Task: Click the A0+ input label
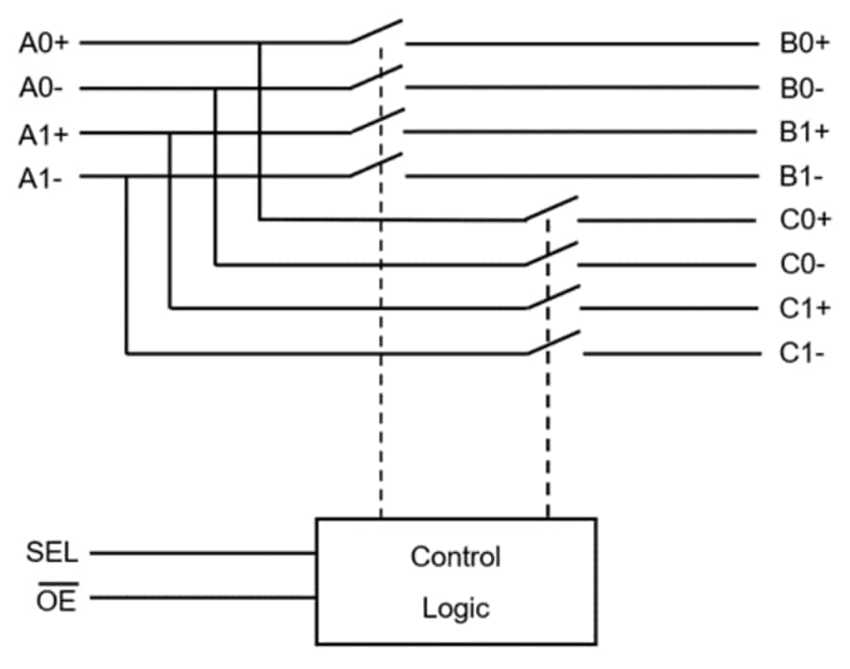pyautogui.click(x=42, y=43)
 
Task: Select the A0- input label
pyautogui.click(x=41, y=89)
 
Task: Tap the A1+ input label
pyautogui.click(x=42, y=133)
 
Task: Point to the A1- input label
pyautogui.click(x=41, y=178)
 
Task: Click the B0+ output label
pyautogui.click(x=804, y=43)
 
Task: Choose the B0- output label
pyautogui.click(x=802, y=89)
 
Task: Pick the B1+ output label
pyautogui.click(x=804, y=132)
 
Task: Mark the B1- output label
pyautogui.click(x=802, y=177)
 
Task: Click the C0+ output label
pyautogui.click(x=805, y=220)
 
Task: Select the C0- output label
pyautogui.click(x=803, y=265)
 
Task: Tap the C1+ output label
pyautogui.click(x=805, y=308)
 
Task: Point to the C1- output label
pyautogui.click(x=803, y=353)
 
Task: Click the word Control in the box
pyautogui.click(x=455, y=557)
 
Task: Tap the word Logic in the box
pyautogui.click(x=455, y=607)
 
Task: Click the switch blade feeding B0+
pyautogui.click(x=376, y=31)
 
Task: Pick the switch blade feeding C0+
pyautogui.click(x=552, y=209)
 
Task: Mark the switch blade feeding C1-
pyautogui.click(x=553, y=343)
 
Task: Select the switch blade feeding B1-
pyautogui.click(x=376, y=165)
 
